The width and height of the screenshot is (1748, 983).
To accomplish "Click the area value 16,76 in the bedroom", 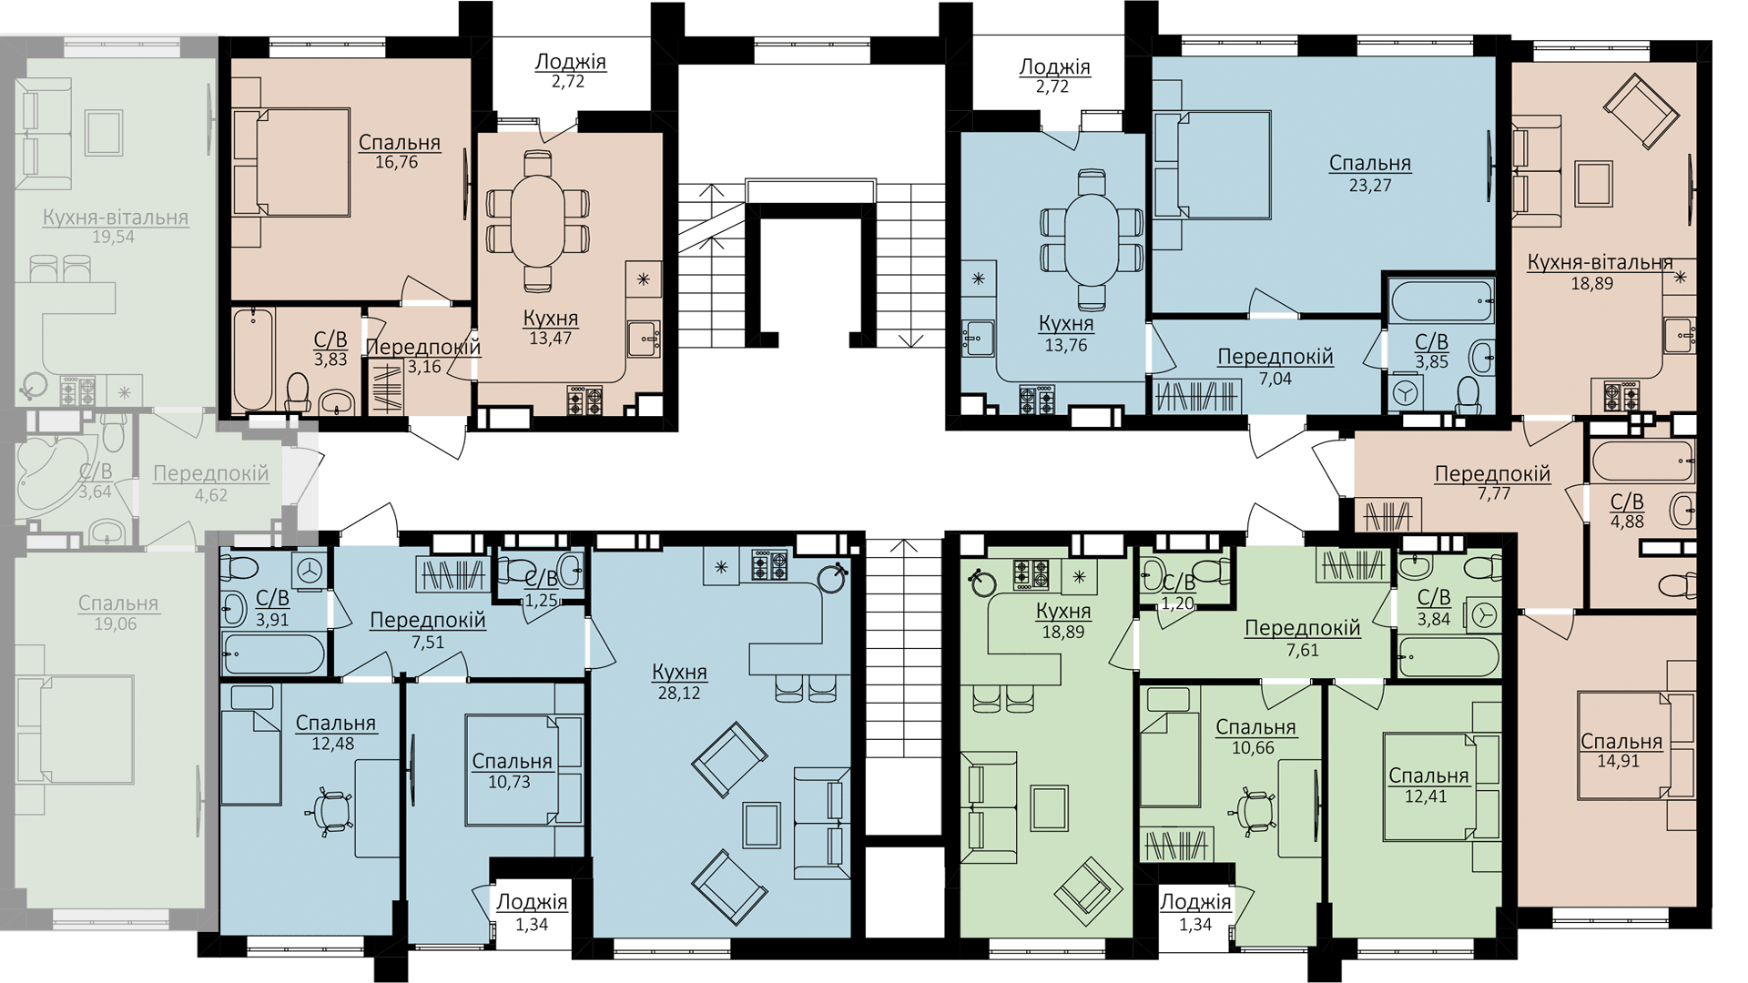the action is click(x=396, y=163).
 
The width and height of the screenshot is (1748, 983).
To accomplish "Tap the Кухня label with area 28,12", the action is click(x=679, y=672).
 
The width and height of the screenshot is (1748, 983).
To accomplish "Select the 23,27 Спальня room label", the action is click(x=1370, y=164).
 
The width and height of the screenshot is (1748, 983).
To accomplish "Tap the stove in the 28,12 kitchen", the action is click(x=769, y=565).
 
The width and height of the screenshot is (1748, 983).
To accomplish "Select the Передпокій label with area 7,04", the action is click(x=1275, y=357).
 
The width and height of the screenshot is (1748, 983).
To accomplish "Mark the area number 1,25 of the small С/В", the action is click(x=541, y=601).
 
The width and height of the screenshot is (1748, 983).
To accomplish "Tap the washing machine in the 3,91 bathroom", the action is click(x=310, y=570).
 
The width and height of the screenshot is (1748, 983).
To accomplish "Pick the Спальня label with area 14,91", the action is click(x=1621, y=743).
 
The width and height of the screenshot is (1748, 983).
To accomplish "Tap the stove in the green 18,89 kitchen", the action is click(x=1031, y=574).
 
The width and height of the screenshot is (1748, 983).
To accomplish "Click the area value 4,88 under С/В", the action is click(x=1627, y=522).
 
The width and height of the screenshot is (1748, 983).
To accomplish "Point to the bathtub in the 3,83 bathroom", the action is click(x=253, y=360).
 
